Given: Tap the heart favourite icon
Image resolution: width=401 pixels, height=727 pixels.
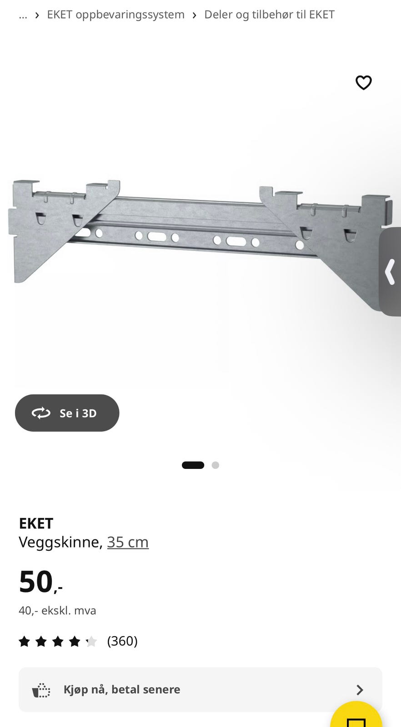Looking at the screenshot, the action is click(x=363, y=82).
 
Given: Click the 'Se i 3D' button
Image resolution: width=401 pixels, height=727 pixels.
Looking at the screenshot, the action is click(x=67, y=413).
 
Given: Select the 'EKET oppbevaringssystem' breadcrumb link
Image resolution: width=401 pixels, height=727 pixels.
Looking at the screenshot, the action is click(x=115, y=15).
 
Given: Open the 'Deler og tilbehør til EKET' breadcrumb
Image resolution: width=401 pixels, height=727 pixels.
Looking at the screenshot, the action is click(x=269, y=15).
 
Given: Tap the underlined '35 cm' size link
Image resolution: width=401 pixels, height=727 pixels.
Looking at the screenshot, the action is click(x=128, y=543).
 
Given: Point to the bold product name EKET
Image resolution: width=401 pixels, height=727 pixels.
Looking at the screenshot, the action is click(x=36, y=523).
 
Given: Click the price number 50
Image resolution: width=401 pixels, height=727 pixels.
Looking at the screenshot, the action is click(x=36, y=582).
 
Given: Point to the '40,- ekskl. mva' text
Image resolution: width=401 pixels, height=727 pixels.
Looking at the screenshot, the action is click(x=57, y=611).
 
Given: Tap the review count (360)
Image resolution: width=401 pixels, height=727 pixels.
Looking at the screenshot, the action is click(x=122, y=641).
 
